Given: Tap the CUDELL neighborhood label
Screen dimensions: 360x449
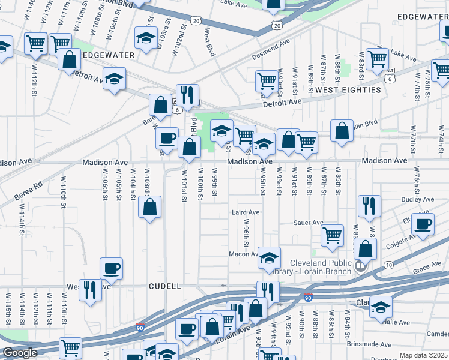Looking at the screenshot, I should (x=164, y=287).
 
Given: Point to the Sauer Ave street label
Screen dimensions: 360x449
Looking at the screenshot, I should (x=309, y=223).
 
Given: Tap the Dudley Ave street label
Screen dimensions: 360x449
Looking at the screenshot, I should (x=418, y=199).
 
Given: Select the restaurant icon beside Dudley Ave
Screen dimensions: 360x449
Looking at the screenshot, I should (x=369, y=206).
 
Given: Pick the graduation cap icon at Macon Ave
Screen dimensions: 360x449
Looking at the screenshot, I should (x=270, y=257).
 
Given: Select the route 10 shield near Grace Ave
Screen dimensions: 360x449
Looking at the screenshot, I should (x=389, y=265).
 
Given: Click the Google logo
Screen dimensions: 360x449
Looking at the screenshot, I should (x=20, y=352).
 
